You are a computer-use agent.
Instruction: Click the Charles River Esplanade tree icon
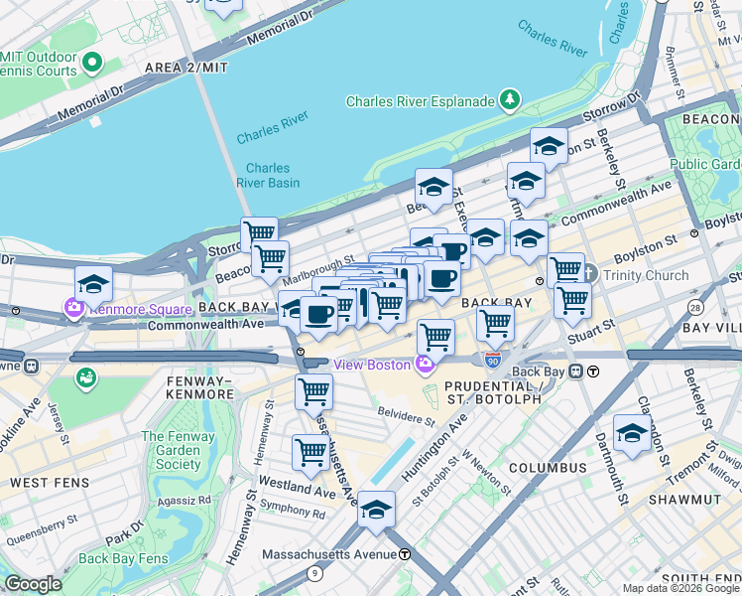(x=510, y=99)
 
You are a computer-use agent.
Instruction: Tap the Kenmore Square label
(x=139, y=309)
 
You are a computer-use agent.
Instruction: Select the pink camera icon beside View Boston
(x=426, y=366)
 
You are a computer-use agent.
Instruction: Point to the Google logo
(x=33, y=584)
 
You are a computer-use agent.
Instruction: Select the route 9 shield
(x=315, y=573)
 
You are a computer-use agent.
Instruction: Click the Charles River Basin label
(x=268, y=175)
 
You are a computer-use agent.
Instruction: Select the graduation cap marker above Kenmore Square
(x=93, y=284)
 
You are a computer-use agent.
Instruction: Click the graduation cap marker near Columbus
(x=632, y=433)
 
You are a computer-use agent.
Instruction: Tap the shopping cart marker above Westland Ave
(x=311, y=453)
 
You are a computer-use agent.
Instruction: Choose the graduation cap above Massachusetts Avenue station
(x=376, y=510)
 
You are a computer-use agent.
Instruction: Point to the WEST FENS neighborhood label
(x=50, y=483)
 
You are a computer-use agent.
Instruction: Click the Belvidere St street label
(x=406, y=412)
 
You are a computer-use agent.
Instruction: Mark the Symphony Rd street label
(x=293, y=514)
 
